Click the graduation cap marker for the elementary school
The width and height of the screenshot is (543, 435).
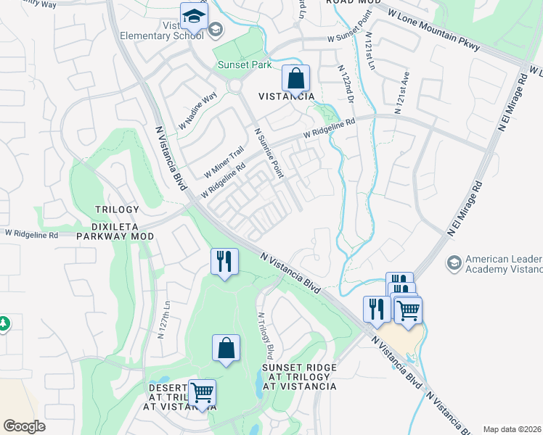point(194,16)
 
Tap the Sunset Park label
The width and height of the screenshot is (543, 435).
point(245,65)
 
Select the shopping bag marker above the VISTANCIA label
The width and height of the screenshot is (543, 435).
point(295,78)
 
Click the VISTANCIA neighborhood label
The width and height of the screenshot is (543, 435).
point(287,96)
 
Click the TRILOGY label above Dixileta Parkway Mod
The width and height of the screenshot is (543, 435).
point(116,210)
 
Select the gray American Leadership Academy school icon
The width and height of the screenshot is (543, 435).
point(454,262)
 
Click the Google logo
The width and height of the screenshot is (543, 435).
point(24,426)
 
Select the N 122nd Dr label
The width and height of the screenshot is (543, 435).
point(346,83)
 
